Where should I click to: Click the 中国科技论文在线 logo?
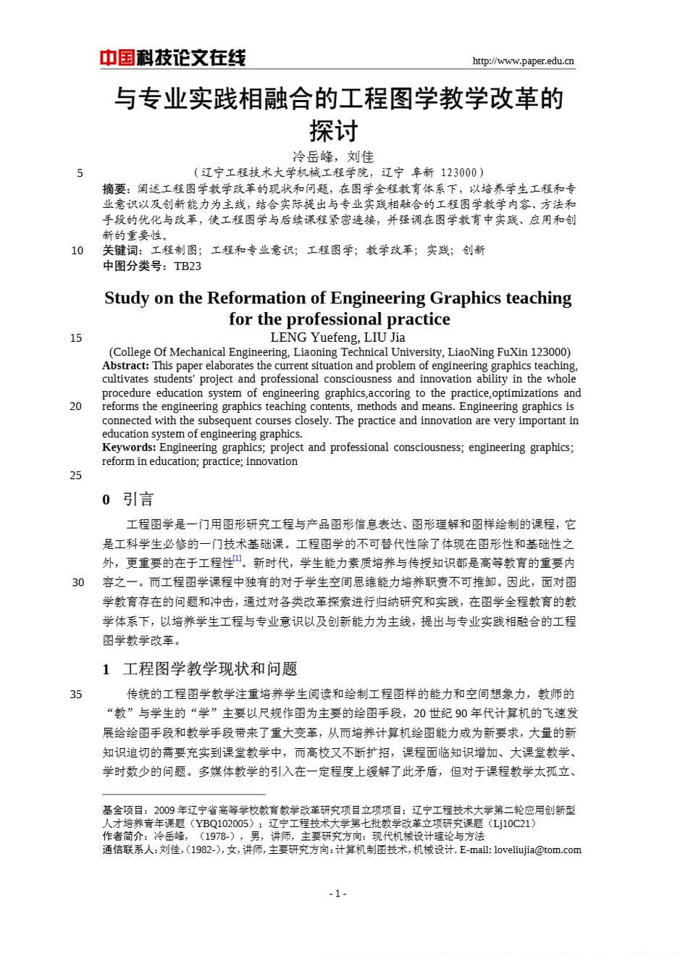[173, 58]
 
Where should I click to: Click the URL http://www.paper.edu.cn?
[523, 61]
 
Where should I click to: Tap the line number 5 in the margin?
[80, 173]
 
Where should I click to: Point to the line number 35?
[76, 695]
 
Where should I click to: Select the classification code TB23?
[188, 266]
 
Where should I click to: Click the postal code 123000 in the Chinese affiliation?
[459, 172]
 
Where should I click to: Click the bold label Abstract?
[126, 366]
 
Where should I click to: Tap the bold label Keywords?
[129, 448]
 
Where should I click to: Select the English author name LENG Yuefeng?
[314, 337]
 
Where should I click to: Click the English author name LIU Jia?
[385, 337]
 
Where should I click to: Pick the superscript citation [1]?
[237, 558]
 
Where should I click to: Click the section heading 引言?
[138, 499]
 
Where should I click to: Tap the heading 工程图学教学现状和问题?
[210, 668]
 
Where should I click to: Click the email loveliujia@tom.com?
[537, 850]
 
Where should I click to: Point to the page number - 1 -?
[337, 894]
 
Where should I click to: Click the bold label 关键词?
[119, 251]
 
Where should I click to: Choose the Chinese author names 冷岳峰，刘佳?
[333, 156]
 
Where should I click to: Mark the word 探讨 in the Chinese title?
[334, 131]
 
